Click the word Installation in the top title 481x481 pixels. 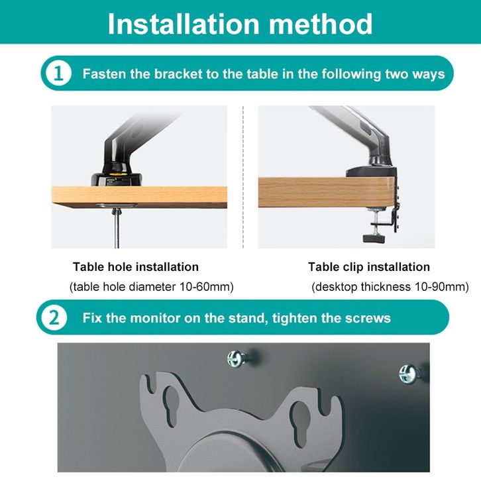(184, 24)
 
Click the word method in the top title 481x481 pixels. (321, 24)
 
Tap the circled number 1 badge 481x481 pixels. (58, 74)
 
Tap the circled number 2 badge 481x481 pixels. (54, 317)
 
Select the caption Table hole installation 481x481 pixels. (136, 267)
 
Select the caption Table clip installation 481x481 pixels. (369, 267)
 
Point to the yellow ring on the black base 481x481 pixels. (117, 174)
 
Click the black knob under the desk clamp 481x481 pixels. (373, 239)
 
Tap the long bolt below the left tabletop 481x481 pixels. (116, 228)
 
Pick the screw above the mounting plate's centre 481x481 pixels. (237, 358)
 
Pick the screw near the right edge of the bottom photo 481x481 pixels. (409, 374)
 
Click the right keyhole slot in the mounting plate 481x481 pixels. (299, 417)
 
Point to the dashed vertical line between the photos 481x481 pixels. (243, 177)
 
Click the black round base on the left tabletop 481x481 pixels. (117, 179)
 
